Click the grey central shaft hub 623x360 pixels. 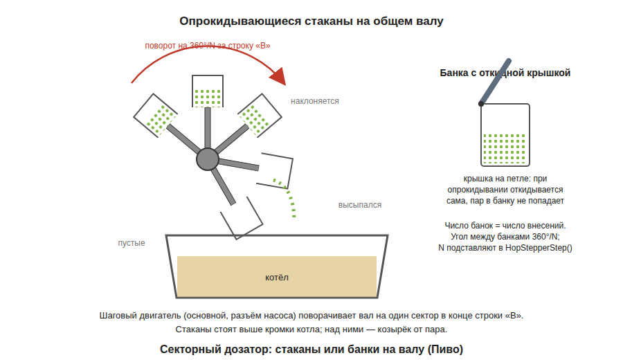tap(208, 159)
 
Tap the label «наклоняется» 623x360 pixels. tap(315, 101)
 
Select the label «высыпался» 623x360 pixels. tap(359, 205)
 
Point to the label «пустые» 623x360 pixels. tap(131, 243)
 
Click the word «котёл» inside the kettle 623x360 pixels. tap(276, 278)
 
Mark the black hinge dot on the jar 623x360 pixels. tap(481, 104)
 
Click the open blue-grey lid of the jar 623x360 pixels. tap(495, 82)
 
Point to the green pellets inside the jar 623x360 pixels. tap(504, 149)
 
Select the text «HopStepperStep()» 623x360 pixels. tap(539, 248)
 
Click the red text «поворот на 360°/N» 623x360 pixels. tap(180, 46)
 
